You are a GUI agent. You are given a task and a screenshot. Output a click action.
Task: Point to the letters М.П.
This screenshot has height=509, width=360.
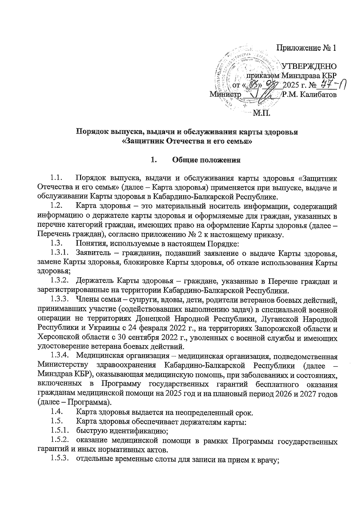coord(262,113)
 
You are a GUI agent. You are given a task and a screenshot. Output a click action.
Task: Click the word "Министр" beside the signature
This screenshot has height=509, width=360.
coord(225,95)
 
